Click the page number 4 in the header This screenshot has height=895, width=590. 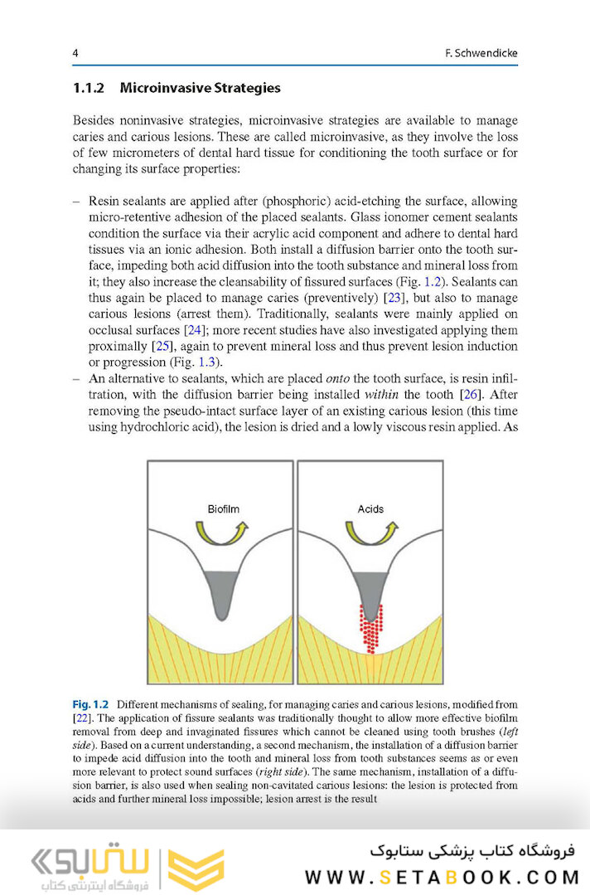[x=75, y=54]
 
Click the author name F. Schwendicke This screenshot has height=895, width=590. [x=481, y=54]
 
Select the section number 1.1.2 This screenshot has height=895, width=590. [x=90, y=88]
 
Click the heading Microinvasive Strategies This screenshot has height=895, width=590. [x=201, y=88]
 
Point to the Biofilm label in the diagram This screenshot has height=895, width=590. [x=223, y=508]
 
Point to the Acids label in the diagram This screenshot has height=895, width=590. [x=370, y=508]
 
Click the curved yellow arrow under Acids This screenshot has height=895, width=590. [x=370, y=533]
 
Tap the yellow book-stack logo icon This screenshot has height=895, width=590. [x=196, y=868]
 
